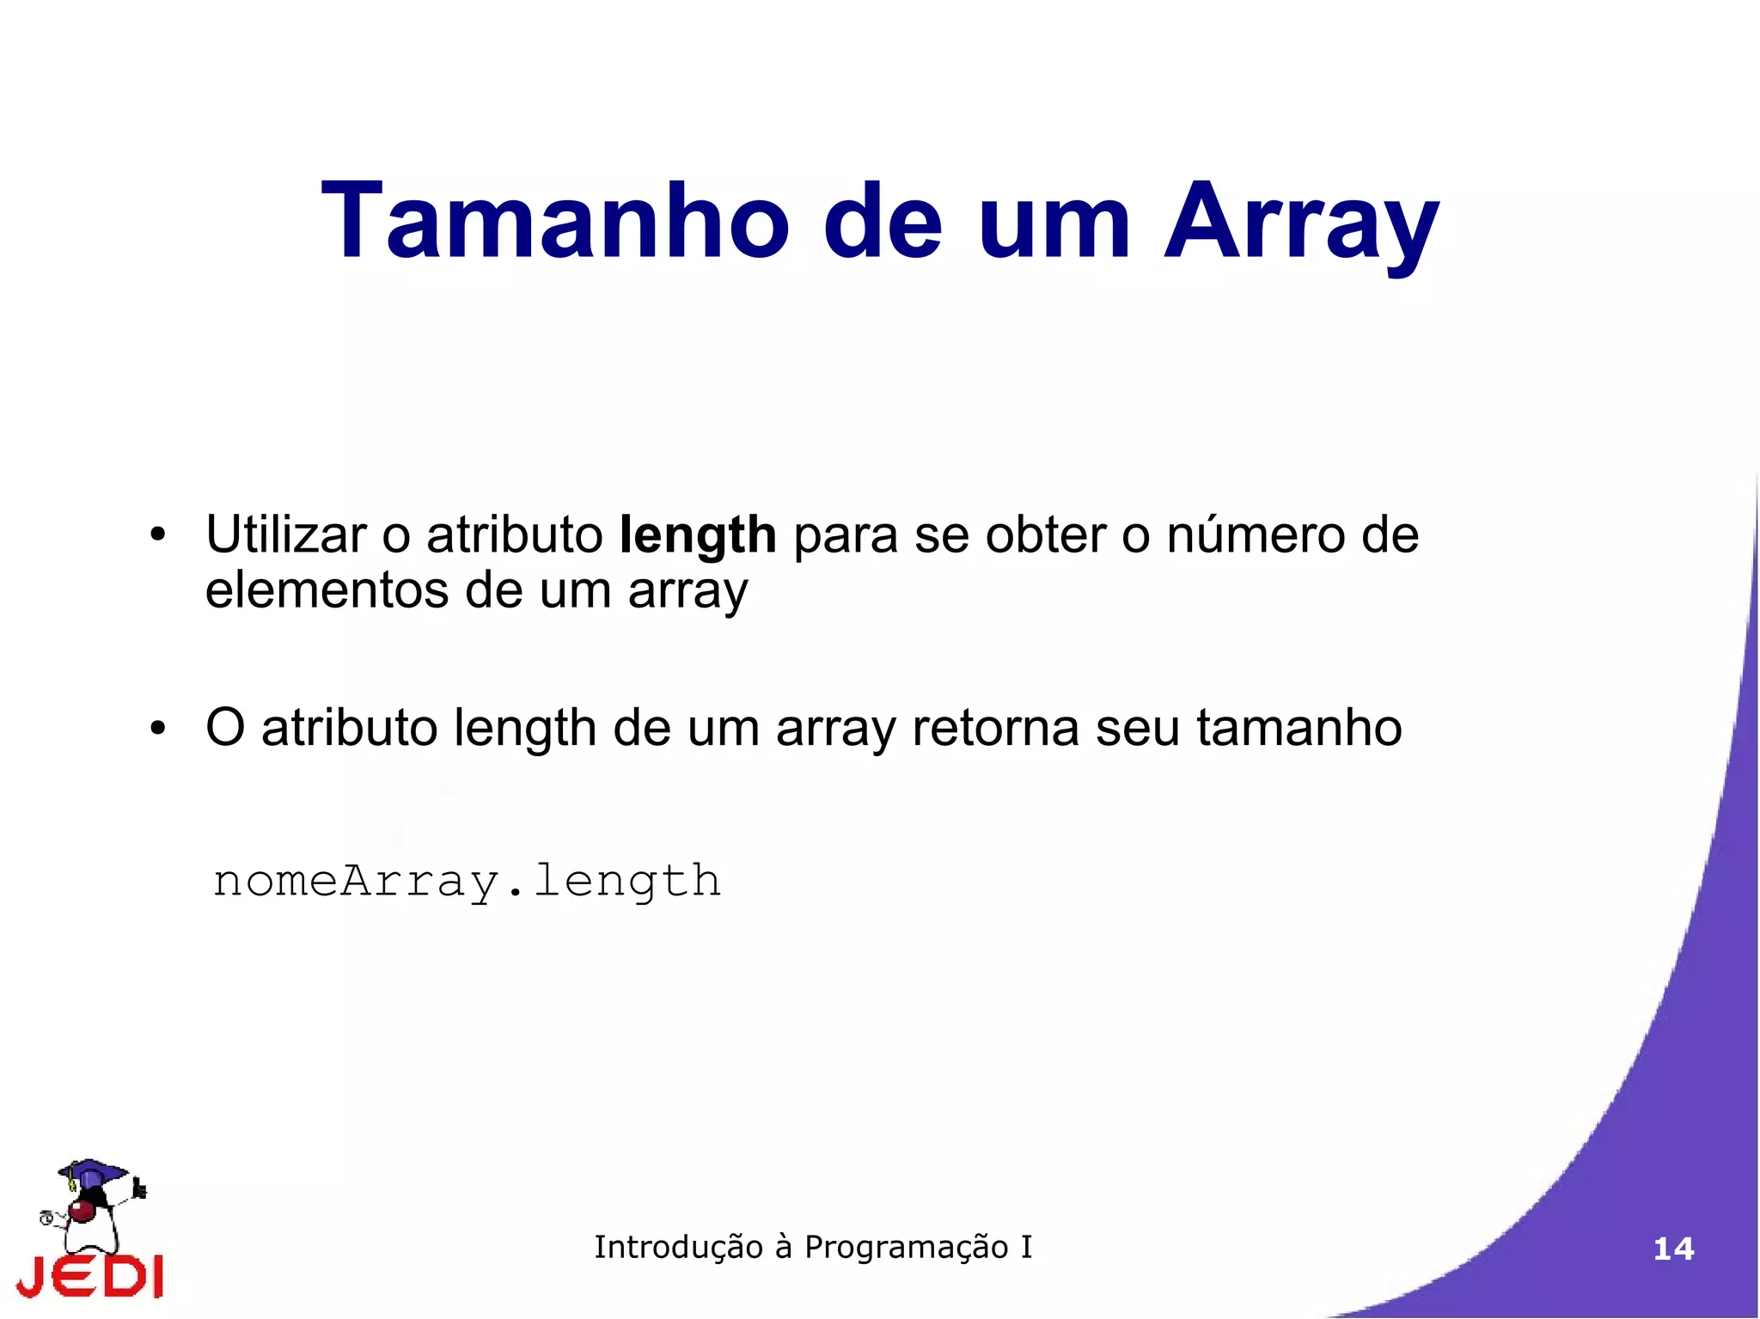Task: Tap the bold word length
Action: (x=697, y=536)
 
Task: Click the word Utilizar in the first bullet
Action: (x=286, y=534)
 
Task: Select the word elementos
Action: (x=327, y=591)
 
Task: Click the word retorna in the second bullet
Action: (x=995, y=728)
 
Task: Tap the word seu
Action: (x=1137, y=728)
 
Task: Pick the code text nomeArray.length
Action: (x=467, y=882)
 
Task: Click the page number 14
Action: (x=1673, y=1249)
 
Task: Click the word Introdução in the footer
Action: (x=678, y=1247)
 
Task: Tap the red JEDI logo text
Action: (x=90, y=1277)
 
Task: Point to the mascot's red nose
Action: (x=82, y=1211)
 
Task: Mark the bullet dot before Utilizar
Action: (x=156, y=536)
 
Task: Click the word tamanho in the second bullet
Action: (x=1299, y=728)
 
